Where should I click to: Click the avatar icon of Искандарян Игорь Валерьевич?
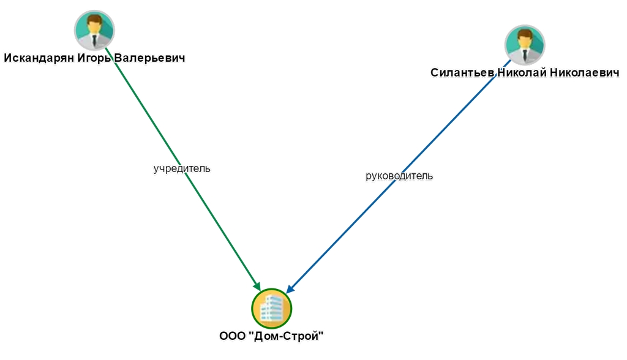(94, 29)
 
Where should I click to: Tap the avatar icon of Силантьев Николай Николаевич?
(525, 45)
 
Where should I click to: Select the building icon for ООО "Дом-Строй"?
(271, 309)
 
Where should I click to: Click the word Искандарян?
(38, 58)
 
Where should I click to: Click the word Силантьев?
(462, 73)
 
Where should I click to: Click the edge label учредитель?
(182, 168)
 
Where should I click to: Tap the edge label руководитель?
(399, 176)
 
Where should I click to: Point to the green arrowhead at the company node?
(257, 285)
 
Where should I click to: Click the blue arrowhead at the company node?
(290, 288)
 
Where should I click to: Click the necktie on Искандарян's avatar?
(94, 40)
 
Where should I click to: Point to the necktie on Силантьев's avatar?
(525, 56)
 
